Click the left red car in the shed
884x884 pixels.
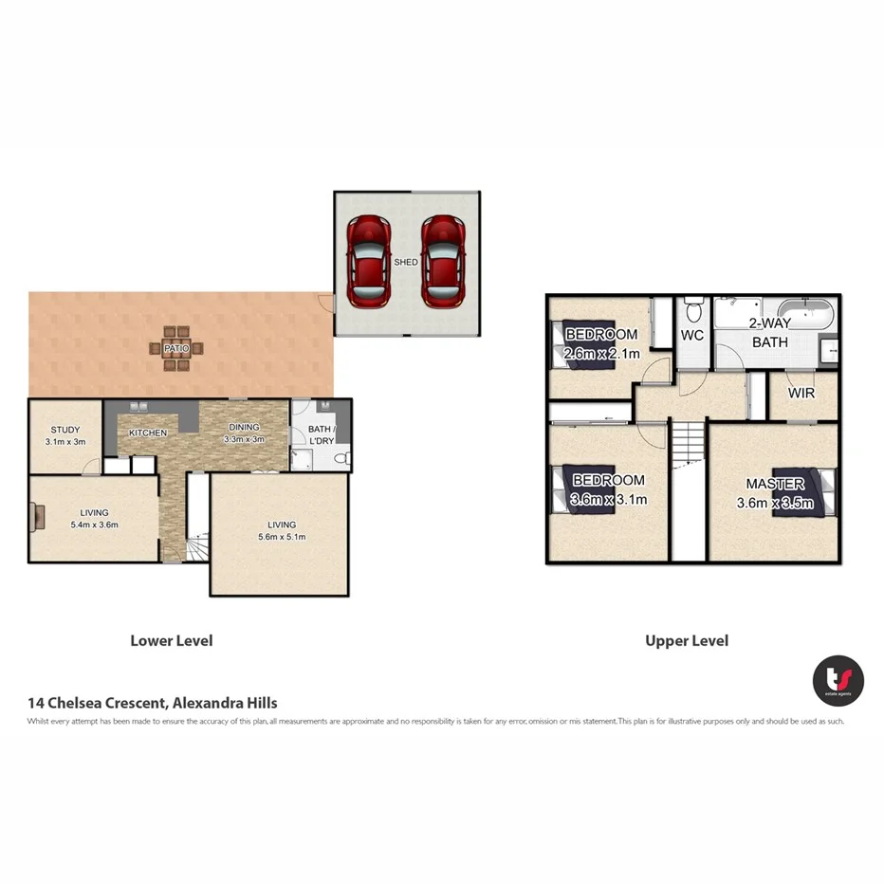coord(367,262)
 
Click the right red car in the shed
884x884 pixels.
coord(441,262)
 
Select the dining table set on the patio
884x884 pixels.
coord(175,348)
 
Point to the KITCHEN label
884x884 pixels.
coord(149,433)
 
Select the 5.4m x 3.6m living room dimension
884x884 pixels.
coord(94,525)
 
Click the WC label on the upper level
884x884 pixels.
coord(691,336)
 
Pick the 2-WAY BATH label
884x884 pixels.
coord(769,333)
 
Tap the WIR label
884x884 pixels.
coord(801,392)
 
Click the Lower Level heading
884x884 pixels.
coord(172,640)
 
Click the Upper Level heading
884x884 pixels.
coord(687,640)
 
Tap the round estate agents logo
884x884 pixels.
coord(838,681)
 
